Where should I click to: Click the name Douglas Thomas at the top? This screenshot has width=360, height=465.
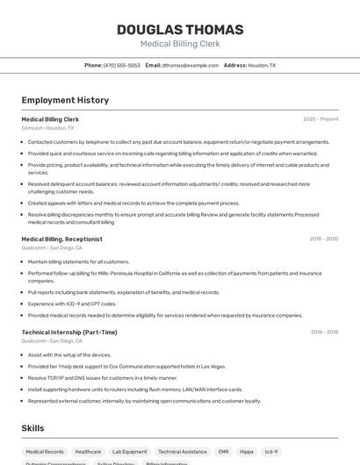[x=180, y=29]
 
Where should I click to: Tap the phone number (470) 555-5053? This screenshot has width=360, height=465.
[x=121, y=65]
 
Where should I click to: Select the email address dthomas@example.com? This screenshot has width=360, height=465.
[x=190, y=65]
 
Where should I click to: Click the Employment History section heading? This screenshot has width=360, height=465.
[x=65, y=100]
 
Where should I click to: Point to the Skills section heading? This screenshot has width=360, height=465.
[x=33, y=427]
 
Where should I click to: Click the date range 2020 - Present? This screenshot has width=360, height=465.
[x=320, y=118]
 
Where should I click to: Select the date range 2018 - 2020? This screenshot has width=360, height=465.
[x=323, y=239]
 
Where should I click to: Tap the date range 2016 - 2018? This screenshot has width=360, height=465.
[x=323, y=333]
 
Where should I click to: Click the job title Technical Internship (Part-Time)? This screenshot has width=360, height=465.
[x=69, y=333]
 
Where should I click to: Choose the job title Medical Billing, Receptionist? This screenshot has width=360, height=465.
[x=61, y=239]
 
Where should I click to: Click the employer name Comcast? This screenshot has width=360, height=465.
[x=32, y=128]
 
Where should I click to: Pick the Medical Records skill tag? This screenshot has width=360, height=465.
[x=45, y=451]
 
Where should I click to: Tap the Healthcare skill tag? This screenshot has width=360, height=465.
[x=88, y=451]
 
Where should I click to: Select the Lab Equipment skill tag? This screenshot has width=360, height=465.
[x=130, y=451]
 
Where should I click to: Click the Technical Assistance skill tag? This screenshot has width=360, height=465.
[x=183, y=451]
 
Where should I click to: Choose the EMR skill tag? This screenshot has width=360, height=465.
[x=223, y=451]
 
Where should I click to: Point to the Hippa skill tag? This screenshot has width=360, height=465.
[x=247, y=451]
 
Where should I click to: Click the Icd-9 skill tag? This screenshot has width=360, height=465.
[x=271, y=451]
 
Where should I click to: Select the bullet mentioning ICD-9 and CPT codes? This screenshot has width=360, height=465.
[x=72, y=304]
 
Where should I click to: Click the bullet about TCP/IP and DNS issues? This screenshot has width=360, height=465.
[x=102, y=377]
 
